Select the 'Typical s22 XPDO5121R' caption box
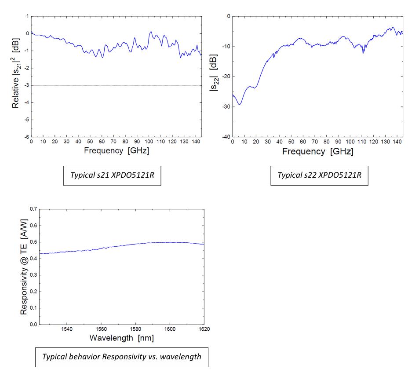click(319, 175)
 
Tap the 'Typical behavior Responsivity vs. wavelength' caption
click(121, 356)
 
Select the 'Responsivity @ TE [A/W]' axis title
click(25, 267)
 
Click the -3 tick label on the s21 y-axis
click(27, 85)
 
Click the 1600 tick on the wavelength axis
click(170, 329)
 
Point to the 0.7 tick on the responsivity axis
click(33, 209)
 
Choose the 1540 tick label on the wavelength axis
click(67, 329)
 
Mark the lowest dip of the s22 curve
click(240, 104)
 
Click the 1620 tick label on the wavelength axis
click(204, 329)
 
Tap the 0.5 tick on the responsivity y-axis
click(33, 242)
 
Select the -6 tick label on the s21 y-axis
click(27, 137)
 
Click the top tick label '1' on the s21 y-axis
click(28, 16)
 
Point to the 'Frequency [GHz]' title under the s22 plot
click(317, 151)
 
